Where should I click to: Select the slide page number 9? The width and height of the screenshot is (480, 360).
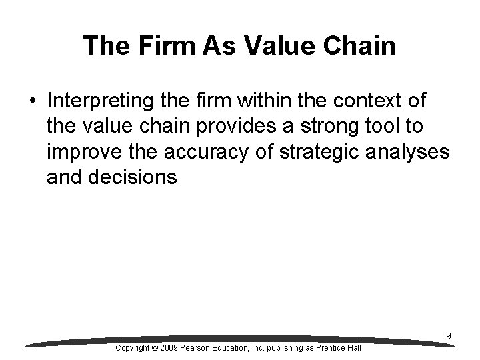[x=449, y=337]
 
